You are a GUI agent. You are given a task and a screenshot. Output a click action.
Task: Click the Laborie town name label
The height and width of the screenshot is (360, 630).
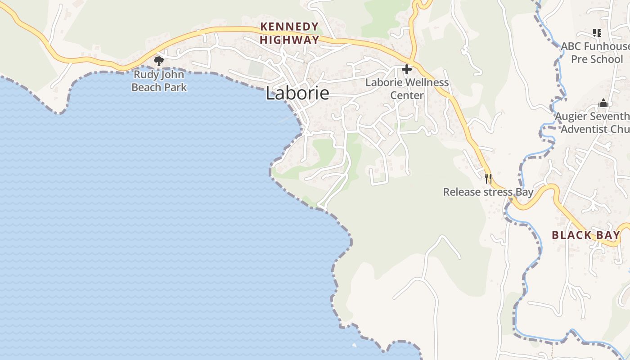297,93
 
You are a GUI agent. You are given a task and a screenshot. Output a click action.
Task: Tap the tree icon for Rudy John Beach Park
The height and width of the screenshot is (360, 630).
158,61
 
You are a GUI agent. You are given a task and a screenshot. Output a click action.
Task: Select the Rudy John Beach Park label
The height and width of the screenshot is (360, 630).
159,81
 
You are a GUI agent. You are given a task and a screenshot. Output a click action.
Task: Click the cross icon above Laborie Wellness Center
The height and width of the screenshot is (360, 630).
407,69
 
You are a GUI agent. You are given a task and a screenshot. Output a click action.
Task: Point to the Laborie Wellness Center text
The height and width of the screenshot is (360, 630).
407,89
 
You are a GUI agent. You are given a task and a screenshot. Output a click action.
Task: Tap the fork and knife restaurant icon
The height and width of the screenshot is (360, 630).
488,178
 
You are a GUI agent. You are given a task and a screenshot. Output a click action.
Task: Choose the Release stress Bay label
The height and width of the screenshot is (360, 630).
488,192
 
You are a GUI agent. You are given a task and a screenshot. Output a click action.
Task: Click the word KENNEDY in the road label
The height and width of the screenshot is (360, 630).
290,27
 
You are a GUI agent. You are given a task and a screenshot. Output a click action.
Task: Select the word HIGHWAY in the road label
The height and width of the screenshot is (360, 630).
289,40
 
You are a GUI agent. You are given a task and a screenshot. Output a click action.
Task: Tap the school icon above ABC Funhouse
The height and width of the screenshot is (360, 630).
597,32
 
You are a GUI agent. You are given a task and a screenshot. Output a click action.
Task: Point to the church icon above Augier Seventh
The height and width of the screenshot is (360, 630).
603,103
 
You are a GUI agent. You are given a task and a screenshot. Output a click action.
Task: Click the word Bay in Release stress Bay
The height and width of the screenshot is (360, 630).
524,192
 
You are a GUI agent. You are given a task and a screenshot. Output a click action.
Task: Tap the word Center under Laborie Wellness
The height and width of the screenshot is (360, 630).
407,95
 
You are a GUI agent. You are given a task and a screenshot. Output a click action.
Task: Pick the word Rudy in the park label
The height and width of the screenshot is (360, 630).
145,75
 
